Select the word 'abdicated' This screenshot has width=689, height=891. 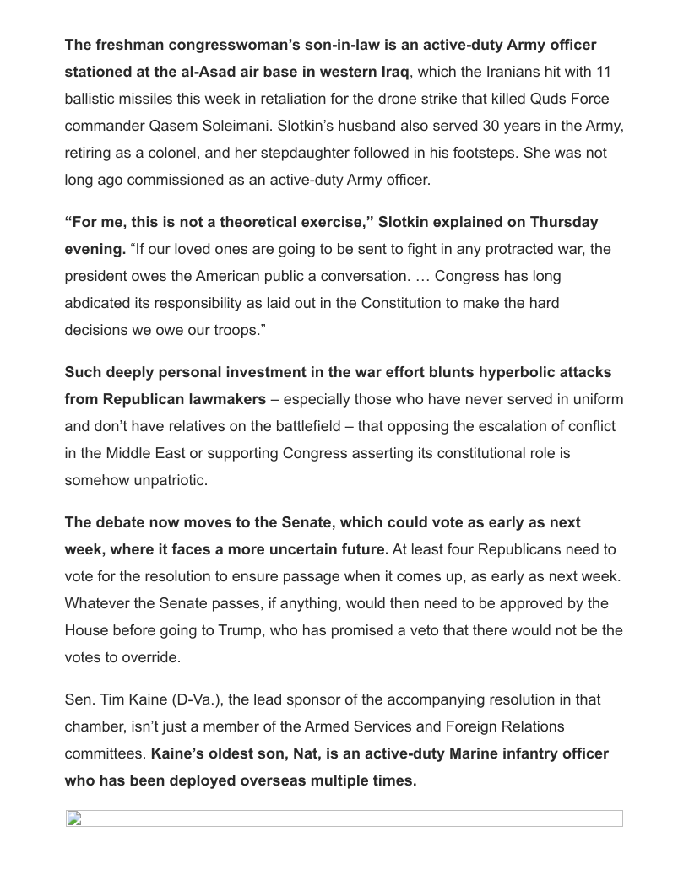click(x=100, y=303)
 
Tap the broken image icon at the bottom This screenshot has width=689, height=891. click(x=74, y=818)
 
